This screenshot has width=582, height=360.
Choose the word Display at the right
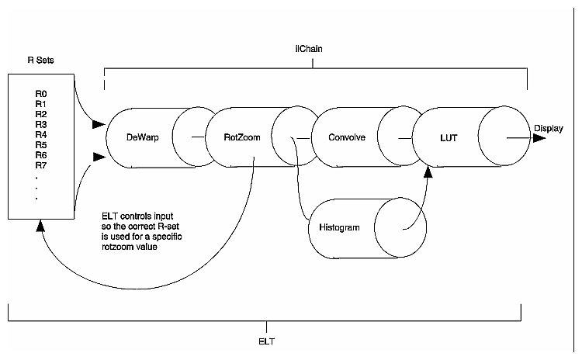click(x=548, y=128)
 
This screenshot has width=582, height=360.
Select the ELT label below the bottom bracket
click(x=265, y=340)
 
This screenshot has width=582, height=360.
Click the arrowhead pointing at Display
click(x=539, y=138)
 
